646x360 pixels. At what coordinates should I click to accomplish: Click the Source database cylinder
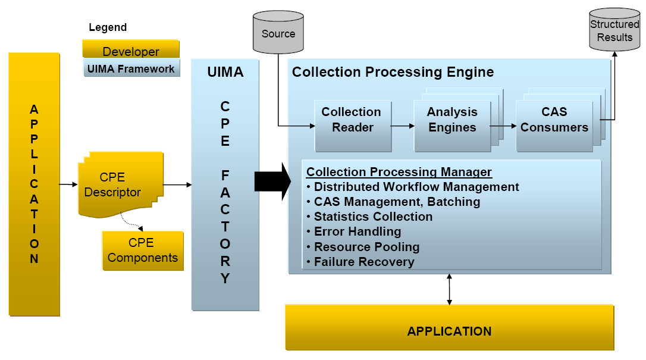click(278, 33)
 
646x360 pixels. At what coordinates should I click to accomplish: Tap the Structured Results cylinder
click(614, 31)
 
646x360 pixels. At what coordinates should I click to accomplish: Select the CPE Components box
click(143, 251)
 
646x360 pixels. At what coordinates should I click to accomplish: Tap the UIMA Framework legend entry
click(131, 68)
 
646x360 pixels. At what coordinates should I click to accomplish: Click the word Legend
click(108, 27)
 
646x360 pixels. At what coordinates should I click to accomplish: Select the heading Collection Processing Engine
click(393, 73)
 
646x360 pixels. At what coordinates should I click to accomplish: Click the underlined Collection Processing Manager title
click(399, 172)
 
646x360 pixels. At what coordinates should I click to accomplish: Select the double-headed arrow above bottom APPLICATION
click(449, 289)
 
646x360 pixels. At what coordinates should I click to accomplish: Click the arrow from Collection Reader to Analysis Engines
click(403, 126)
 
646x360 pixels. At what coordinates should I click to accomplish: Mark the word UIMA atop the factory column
click(225, 73)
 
